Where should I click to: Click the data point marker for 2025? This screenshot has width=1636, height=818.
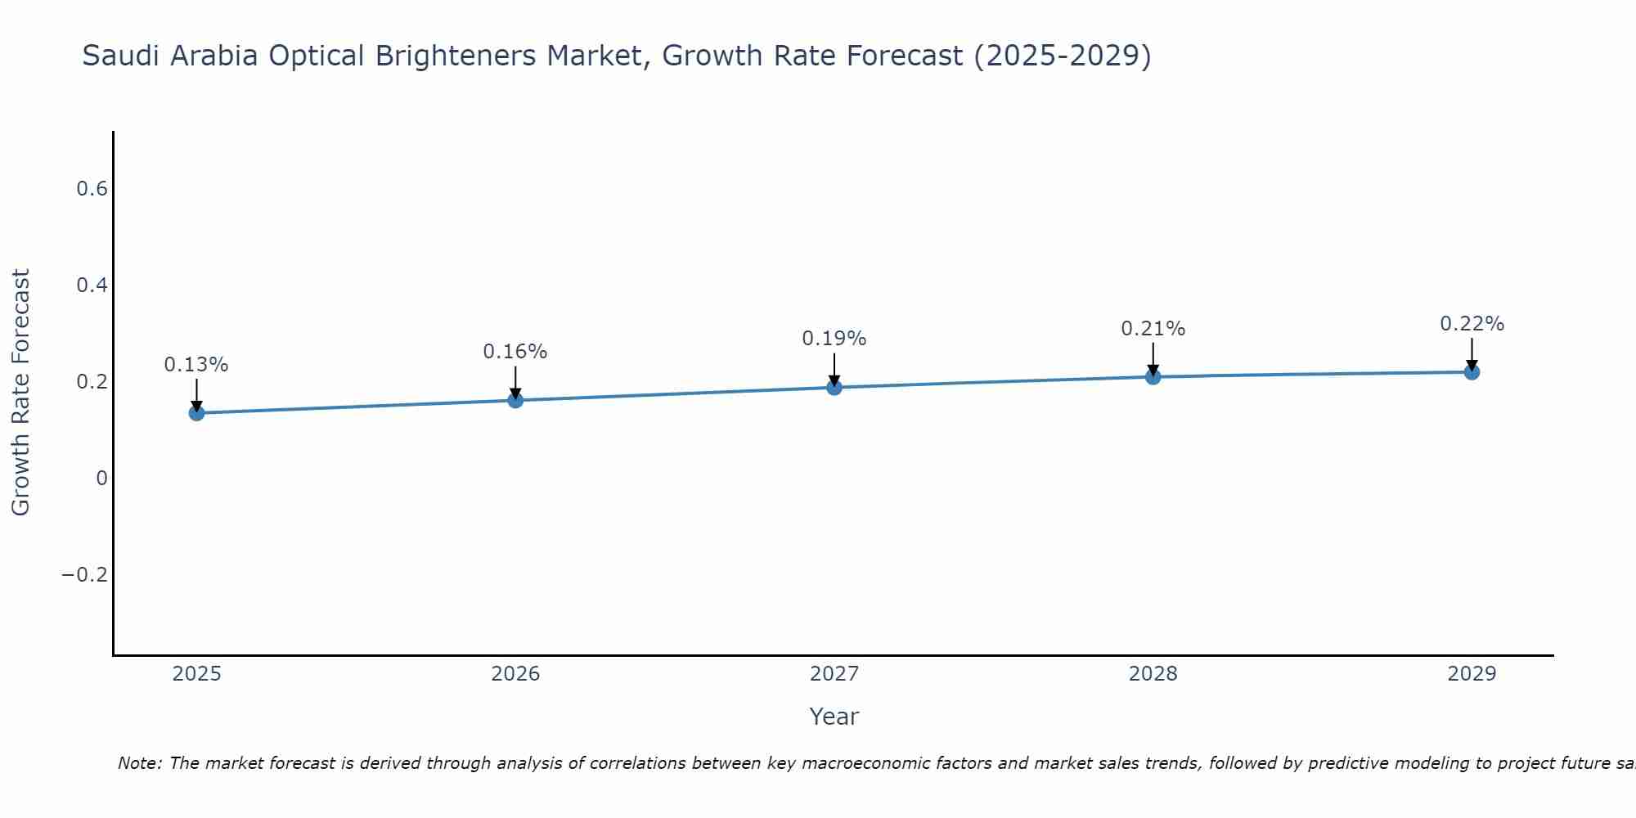pyautogui.click(x=196, y=413)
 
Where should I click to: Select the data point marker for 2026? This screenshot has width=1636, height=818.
pyautogui.click(x=515, y=400)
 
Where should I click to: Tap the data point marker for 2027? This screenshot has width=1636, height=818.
pyautogui.click(x=834, y=387)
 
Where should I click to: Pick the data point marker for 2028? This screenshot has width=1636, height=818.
pyautogui.click(x=1153, y=377)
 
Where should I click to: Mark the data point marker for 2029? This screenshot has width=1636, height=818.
pyautogui.click(x=1472, y=372)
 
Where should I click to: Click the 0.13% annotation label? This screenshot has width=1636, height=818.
pyautogui.click(x=196, y=365)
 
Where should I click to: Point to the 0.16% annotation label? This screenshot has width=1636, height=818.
pyautogui.click(x=515, y=352)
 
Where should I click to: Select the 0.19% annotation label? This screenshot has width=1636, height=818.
pyautogui.click(x=834, y=339)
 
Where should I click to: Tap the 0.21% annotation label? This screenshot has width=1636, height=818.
pyautogui.click(x=1153, y=329)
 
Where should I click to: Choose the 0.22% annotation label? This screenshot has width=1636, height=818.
pyautogui.click(x=1472, y=324)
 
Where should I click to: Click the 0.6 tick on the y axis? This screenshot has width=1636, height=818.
pyautogui.click(x=92, y=189)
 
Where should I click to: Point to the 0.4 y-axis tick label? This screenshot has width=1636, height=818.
pyautogui.click(x=92, y=285)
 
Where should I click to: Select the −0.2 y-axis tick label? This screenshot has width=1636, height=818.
pyautogui.click(x=85, y=575)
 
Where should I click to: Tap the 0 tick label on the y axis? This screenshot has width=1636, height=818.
pyautogui.click(x=101, y=479)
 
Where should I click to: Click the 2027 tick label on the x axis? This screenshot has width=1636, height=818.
pyautogui.click(x=834, y=674)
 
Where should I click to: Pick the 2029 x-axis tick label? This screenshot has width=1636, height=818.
pyautogui.click(x=1472, y=674)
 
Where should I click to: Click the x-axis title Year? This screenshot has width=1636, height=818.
pyautogui.click(x=834, y=717)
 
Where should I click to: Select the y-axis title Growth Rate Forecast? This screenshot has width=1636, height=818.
pyautogui.click(x=21, y=393)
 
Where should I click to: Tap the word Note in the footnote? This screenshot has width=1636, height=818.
pyautogui.click(x=139, y=763)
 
